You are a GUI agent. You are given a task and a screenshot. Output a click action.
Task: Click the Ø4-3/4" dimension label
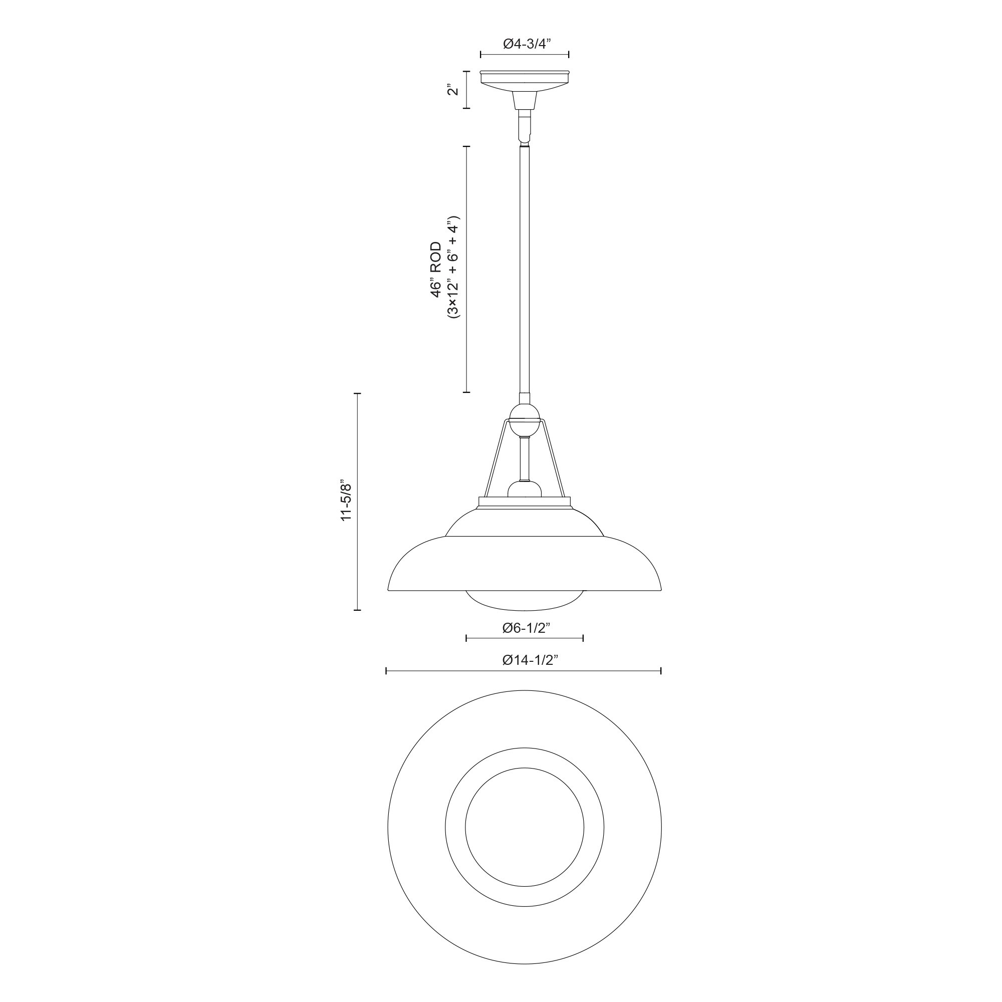click(x=525, y=44)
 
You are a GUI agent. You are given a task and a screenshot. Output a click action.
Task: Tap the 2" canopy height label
click(x=454, y=90)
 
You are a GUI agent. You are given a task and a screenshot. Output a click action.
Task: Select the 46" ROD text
click(x=436, y=270)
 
